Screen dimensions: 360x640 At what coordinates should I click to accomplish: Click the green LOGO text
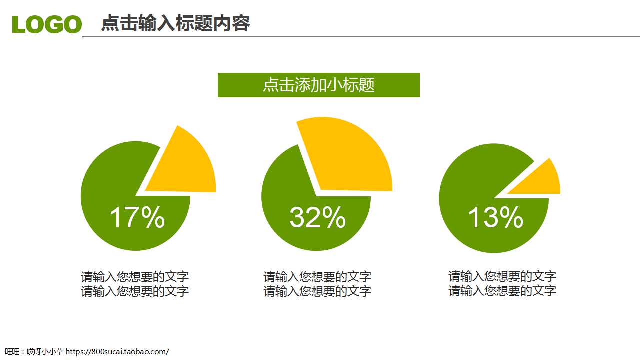47,24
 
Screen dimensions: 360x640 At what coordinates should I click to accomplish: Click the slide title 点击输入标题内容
175,23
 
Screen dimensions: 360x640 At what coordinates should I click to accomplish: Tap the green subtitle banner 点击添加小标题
318,85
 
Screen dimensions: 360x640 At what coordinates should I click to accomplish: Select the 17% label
137,218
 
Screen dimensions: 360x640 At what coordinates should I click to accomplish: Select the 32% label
317,218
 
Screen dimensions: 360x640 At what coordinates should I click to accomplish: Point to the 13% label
495,218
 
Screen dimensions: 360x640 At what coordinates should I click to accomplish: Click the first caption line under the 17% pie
135,277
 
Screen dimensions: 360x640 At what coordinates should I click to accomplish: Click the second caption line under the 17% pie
135,291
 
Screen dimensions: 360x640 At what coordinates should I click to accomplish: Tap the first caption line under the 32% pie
317,277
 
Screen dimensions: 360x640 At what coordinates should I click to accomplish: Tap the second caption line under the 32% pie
317,291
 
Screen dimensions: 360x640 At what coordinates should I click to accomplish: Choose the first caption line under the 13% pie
502,276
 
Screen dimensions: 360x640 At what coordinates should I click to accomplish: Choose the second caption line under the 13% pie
502,291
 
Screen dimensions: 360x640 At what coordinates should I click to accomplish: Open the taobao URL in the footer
117,352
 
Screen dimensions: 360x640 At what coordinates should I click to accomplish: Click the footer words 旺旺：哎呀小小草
34,352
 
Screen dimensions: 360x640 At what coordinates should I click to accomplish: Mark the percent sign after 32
333,218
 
